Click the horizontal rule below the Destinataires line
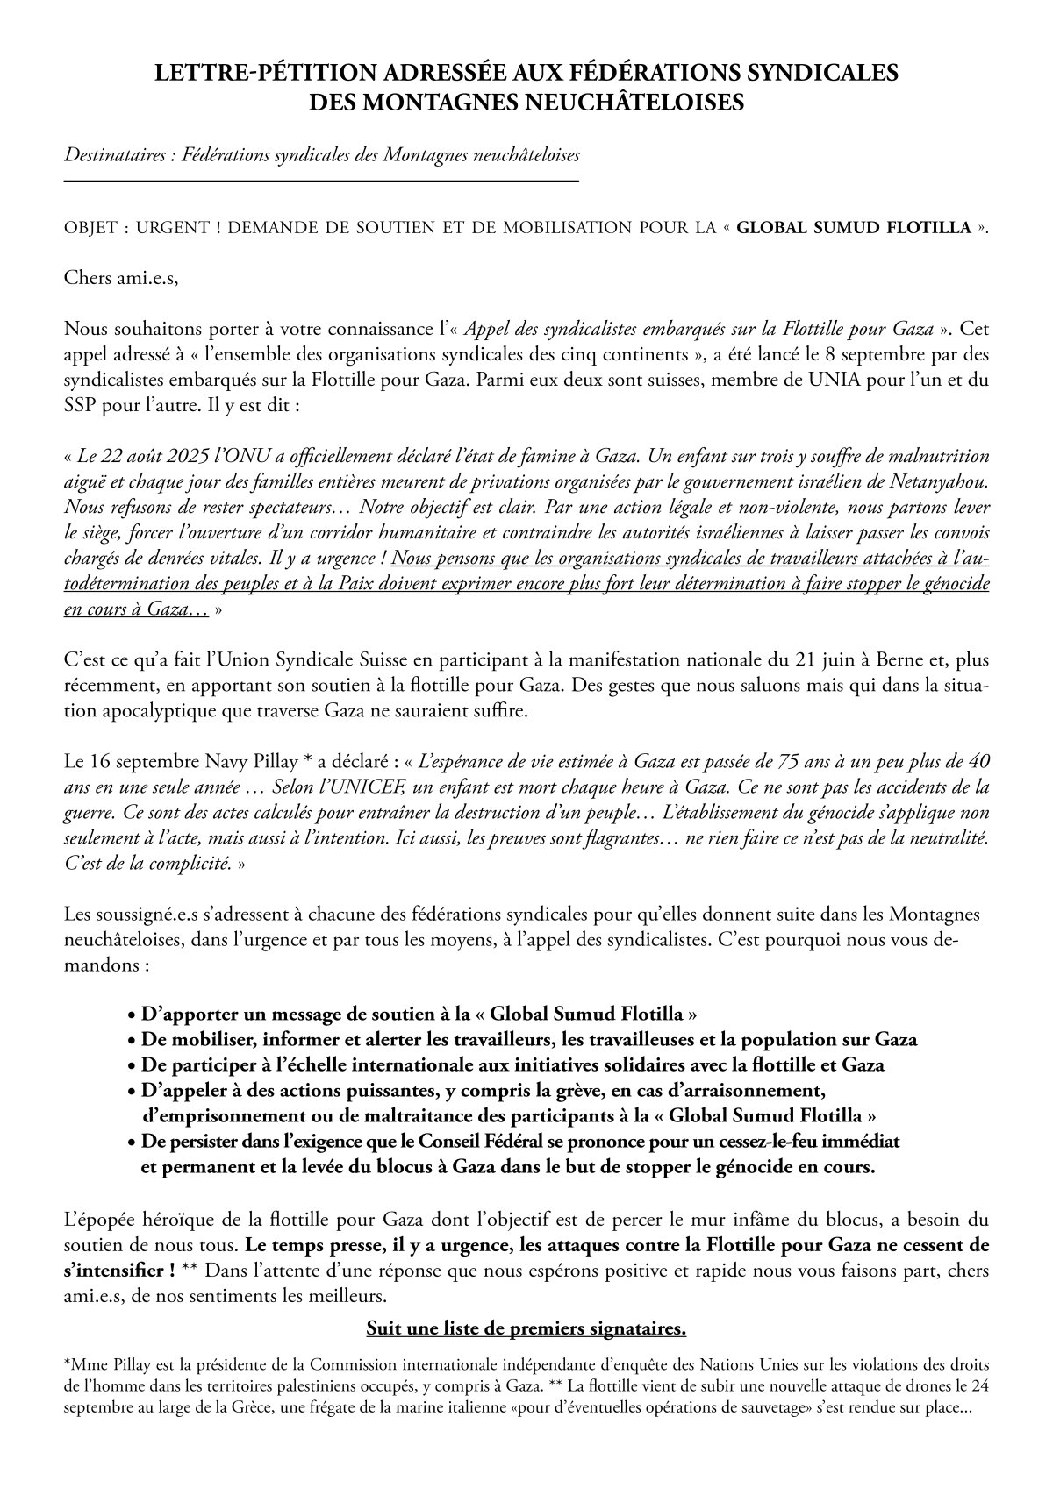(321, 182)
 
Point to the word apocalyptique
(154, 711)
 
